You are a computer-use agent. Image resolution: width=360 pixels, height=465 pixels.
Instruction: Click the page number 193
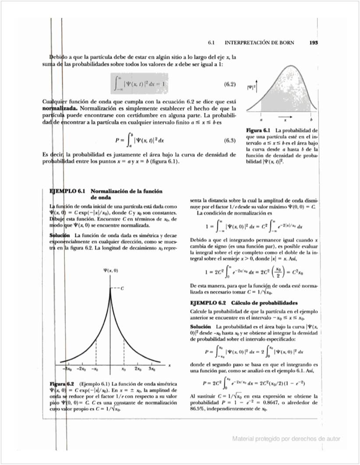tap(313, 43)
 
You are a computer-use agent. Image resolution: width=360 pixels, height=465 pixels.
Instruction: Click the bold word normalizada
tap(59, 108)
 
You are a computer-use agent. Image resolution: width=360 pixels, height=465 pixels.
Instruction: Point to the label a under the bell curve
tap(261, 119)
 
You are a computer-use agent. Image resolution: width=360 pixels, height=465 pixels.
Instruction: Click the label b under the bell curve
tap(311, 119)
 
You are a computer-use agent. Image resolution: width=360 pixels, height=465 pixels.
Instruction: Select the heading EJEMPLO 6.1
tap(68, 191)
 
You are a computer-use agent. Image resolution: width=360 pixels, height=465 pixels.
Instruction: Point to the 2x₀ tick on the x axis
tap(138, 369)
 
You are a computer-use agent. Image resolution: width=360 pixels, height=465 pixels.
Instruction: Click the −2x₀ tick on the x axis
tap(81, 369)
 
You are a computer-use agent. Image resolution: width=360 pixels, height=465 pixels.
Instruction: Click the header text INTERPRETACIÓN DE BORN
tap(259, 43)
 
